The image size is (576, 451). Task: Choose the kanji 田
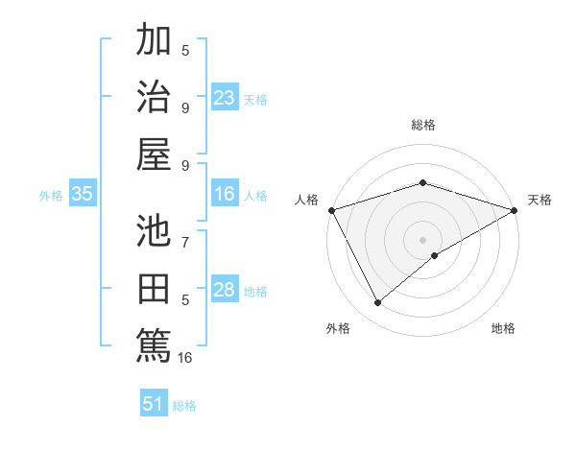pos(154,288)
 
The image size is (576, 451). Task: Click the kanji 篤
pos(154,344)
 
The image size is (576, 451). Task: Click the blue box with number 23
pos(225,97)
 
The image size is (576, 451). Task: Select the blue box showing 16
pos(225,195)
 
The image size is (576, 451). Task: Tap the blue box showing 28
pos(225,290)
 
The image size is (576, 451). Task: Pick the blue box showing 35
pos(83,195)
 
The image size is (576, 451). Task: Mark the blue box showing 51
pos(154,404)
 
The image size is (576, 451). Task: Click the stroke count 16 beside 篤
pos(185,358)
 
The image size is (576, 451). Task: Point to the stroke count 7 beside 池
pos(185,243)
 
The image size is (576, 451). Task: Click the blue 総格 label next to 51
pos(184,406)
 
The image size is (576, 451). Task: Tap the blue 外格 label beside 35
pos(51,196)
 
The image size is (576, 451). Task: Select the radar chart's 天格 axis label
pos(540,200)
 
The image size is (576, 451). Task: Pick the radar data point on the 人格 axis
pos(331,209)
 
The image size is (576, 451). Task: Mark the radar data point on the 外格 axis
pos(377,302)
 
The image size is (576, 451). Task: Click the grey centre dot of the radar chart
pos(422,239)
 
